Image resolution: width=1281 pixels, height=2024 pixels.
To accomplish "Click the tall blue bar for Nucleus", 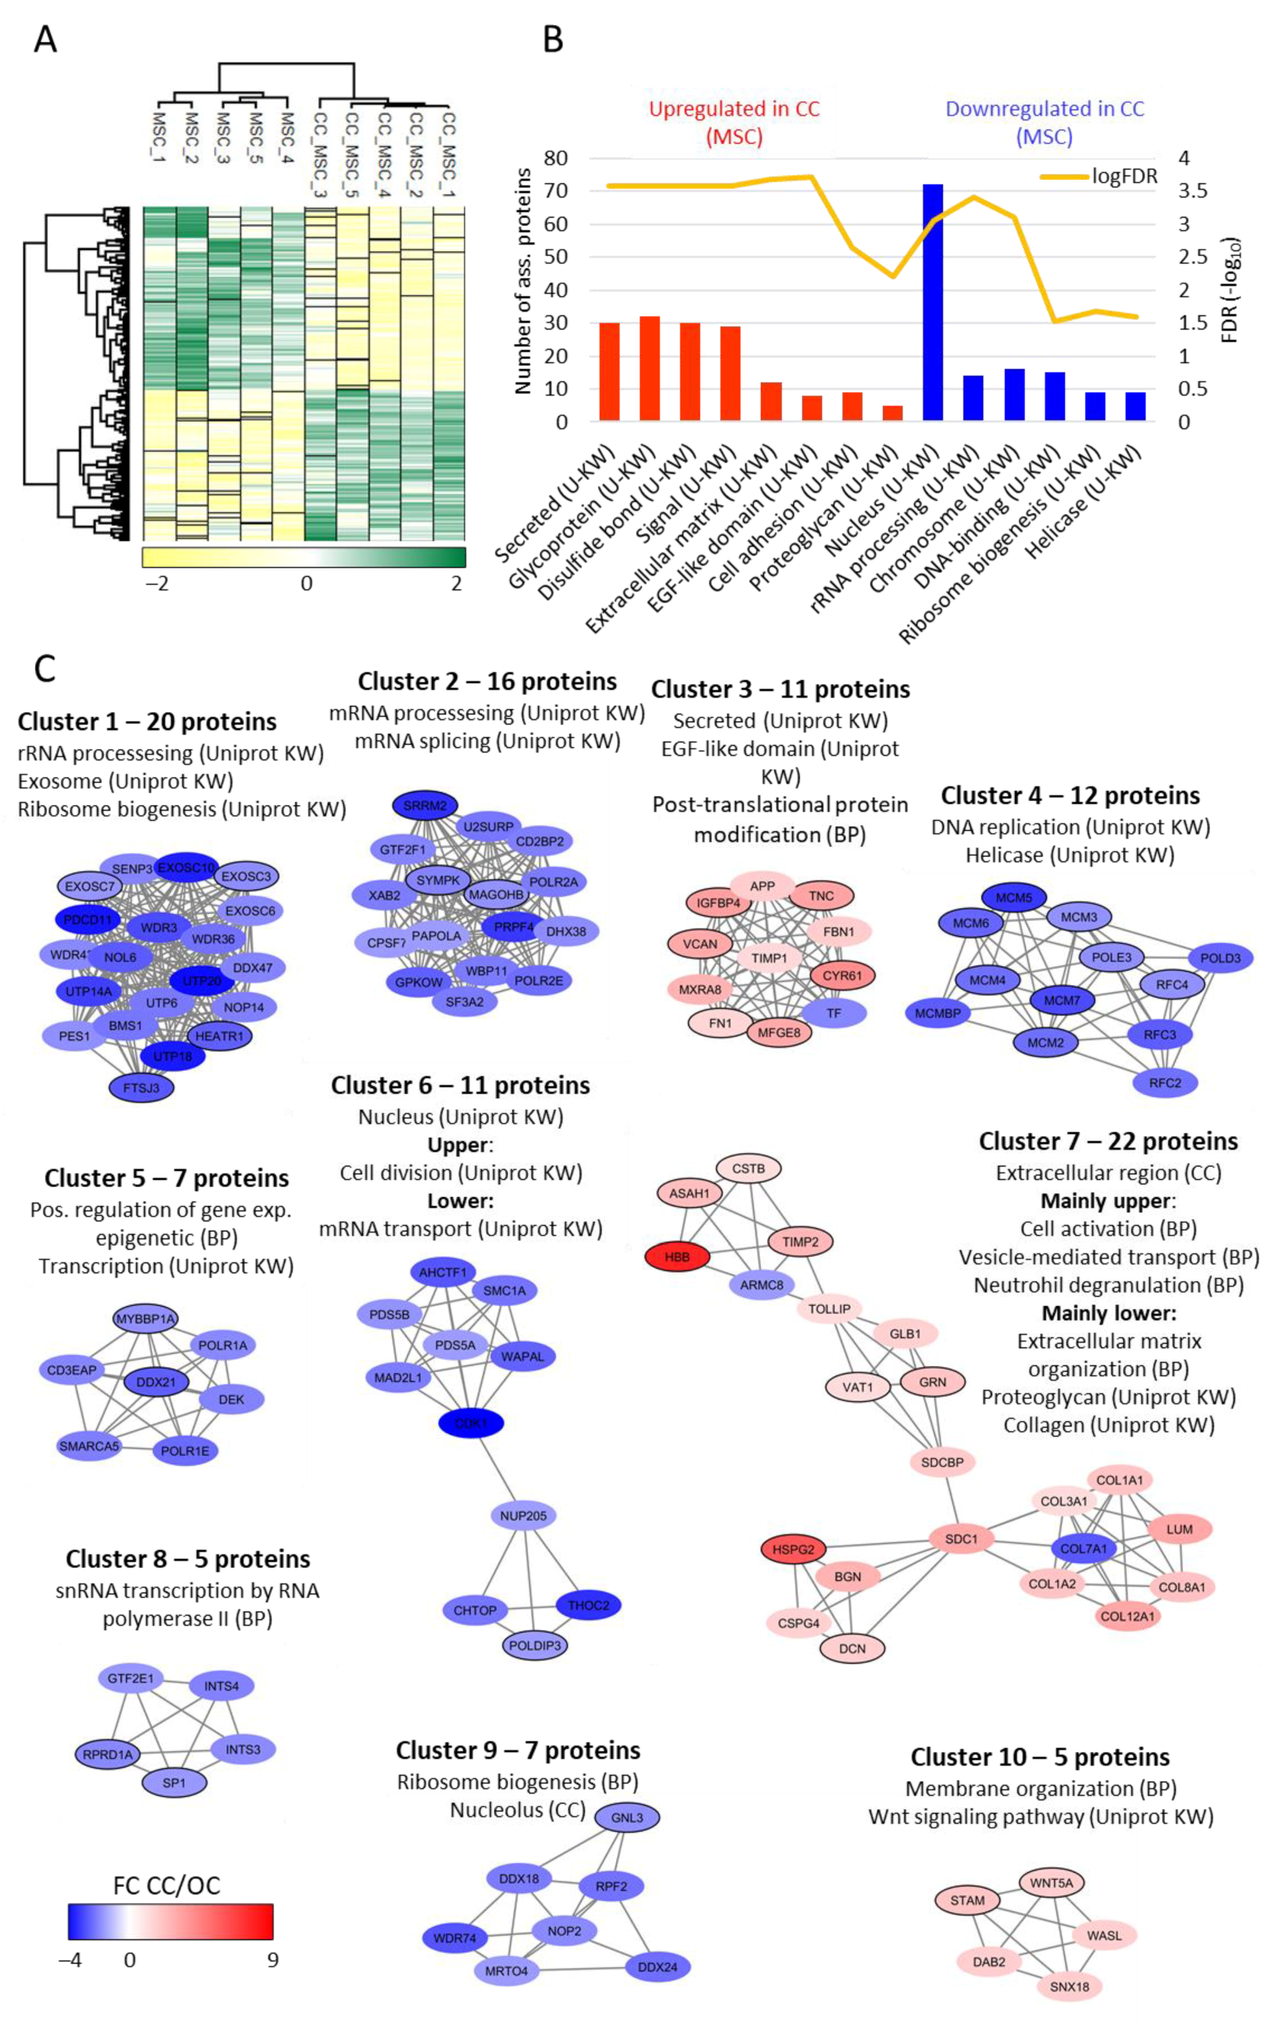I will (x=932, y=302).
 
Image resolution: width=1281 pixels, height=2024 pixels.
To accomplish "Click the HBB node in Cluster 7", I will (x=677, y=1258).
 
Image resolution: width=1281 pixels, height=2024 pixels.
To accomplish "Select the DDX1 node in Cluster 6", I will (x=471, y=1423).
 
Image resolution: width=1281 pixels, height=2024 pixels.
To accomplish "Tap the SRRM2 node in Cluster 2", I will (x=425, y=805).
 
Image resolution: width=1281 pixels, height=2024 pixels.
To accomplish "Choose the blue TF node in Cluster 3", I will (x=833, y=1013).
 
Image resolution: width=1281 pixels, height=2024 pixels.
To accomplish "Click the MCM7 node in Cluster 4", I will (x=1062, y=1000).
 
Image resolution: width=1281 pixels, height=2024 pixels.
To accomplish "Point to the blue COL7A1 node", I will (x=1084, y=1548).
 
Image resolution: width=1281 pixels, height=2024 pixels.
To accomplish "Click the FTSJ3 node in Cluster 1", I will (x=141, y=1088).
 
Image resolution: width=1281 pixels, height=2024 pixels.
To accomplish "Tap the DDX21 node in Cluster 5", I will (x=156, y=1382).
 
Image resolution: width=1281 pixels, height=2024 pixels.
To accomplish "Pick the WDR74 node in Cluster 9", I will (x=455, y=1938).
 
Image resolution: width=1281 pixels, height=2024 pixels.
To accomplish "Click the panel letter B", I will (x=552, y=39).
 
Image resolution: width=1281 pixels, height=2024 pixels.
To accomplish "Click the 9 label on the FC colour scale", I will (x=272, y=1959).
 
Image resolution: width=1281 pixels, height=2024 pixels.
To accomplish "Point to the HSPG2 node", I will (x=793, y=1548).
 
